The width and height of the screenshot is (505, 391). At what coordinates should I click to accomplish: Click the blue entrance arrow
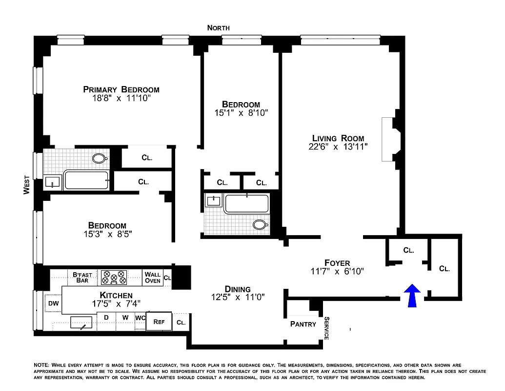coord(412,296)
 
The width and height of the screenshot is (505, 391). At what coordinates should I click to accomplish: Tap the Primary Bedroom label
coord(121,89)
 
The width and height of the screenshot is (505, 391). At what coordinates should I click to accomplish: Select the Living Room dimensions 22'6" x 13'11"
coord(338,146)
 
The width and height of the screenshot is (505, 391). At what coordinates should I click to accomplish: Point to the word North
coord(218,28)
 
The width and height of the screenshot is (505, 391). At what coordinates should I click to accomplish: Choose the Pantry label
coord(303,324)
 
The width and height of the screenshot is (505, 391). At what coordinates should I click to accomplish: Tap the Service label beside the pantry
coord(326,328)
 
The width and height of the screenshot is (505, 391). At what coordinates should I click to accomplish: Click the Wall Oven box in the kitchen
coord(153,278)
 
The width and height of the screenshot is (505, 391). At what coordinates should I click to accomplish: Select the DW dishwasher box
coord(53,304)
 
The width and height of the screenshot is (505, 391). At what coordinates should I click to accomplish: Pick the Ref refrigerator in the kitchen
coord(159,322)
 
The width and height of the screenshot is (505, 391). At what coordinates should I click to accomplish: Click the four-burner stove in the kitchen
coord(114,278)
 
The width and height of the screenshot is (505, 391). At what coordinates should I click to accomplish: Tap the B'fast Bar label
coord(82,278)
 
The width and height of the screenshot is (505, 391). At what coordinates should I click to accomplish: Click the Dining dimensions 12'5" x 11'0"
coord(238,297)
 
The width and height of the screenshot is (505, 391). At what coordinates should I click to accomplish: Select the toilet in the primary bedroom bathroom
coord(100,158)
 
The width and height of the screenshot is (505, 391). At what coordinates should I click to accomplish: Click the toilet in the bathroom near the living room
coord(260,224)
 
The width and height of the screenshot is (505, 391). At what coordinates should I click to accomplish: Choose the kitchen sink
coord(81,322)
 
